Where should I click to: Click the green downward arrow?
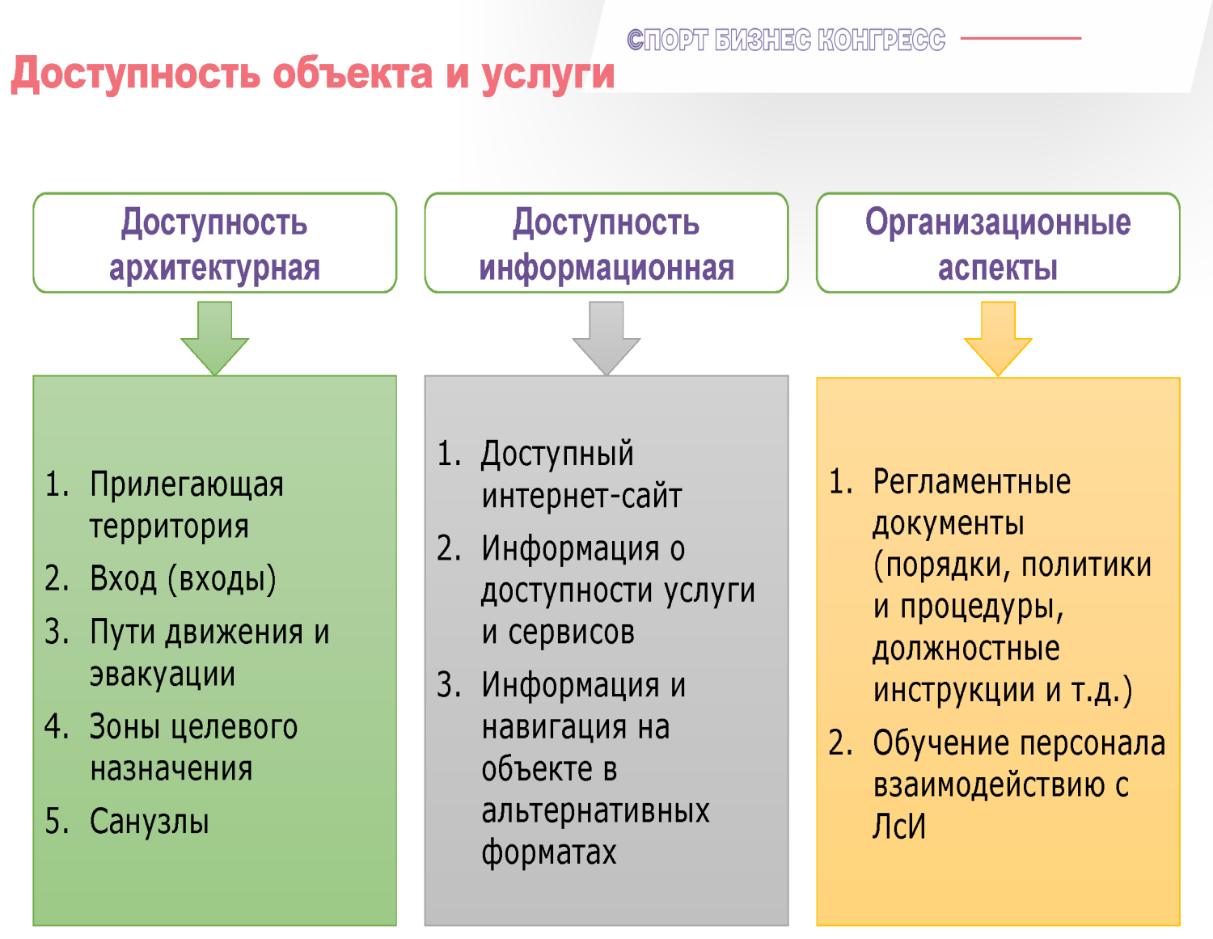(x=214, y=338)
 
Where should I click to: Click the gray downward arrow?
(x=606, y=338)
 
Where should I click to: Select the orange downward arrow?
(x=998, y=338)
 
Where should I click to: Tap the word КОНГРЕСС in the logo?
(x=881, y=40)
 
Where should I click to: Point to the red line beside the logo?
(x=1021, y=38)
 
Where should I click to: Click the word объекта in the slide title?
(x=353, y=74)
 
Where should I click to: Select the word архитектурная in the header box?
(x=214, y=269)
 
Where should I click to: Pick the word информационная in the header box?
(x=606, y=269)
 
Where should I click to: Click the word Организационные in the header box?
(x=998, y=223)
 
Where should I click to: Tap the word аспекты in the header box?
(x=998, y=269)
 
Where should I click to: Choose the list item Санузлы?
(x=150, y=821)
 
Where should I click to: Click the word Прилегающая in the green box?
(x=187, y=484)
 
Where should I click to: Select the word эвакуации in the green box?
(x=163, y=675)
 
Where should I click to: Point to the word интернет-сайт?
(x=581, y=496)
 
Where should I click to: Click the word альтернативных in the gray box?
(x=596, y=810)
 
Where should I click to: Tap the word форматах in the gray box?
(x=549, y=852)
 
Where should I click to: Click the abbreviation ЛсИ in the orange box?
(x=898, y=826)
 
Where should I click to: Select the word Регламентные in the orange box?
(x=972, y=481)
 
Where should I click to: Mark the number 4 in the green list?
(x=56, y=726)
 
